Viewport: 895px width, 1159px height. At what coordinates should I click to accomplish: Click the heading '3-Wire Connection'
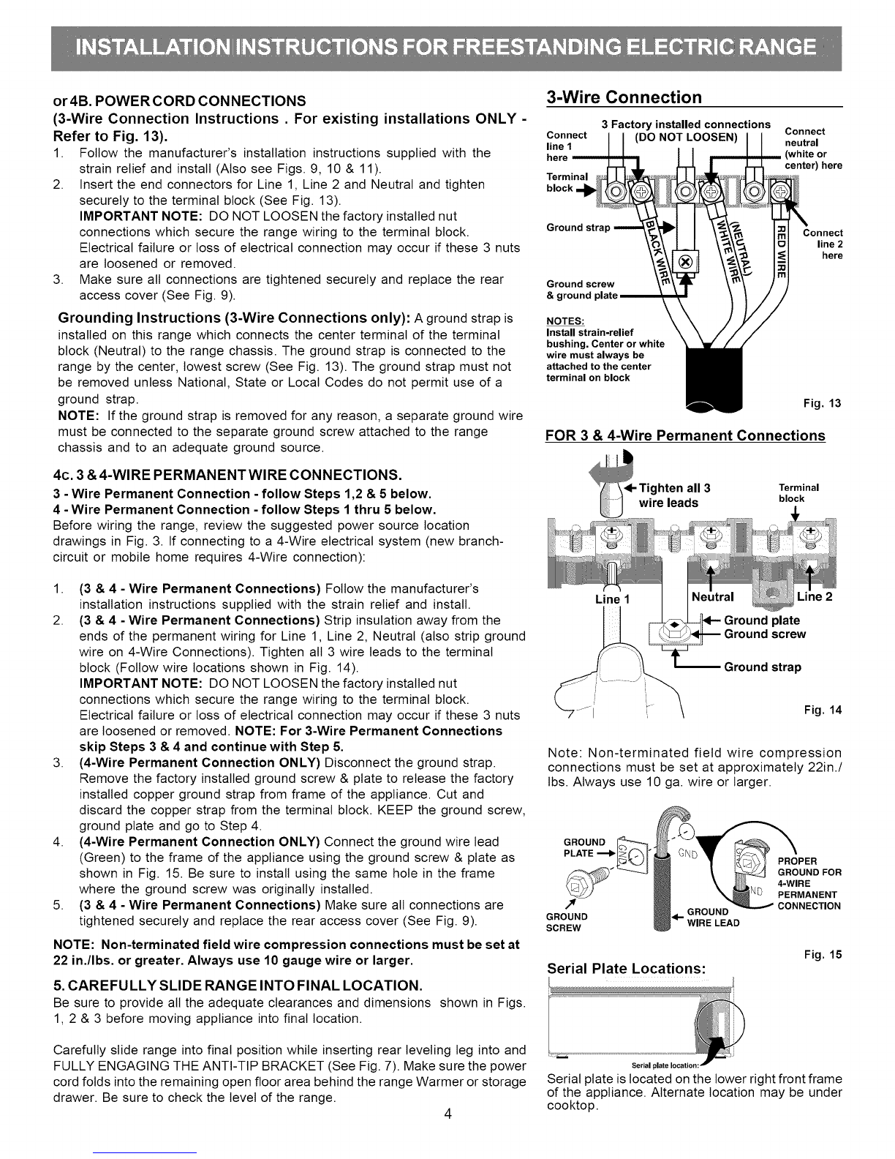pyautogui.click(x=624, y=98)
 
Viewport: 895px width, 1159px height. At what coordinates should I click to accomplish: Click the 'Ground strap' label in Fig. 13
pyautogui.click(x=578, y=227)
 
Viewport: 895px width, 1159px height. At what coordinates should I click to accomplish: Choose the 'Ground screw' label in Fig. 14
pyautogui.click(x=764, y=634)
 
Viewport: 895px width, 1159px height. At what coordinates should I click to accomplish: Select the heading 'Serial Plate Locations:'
pyautogui.click(x=627, y=968)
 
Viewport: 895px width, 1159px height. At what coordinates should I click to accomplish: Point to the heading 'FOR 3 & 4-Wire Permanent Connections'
pyautogui.click(x=685, y=436)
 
